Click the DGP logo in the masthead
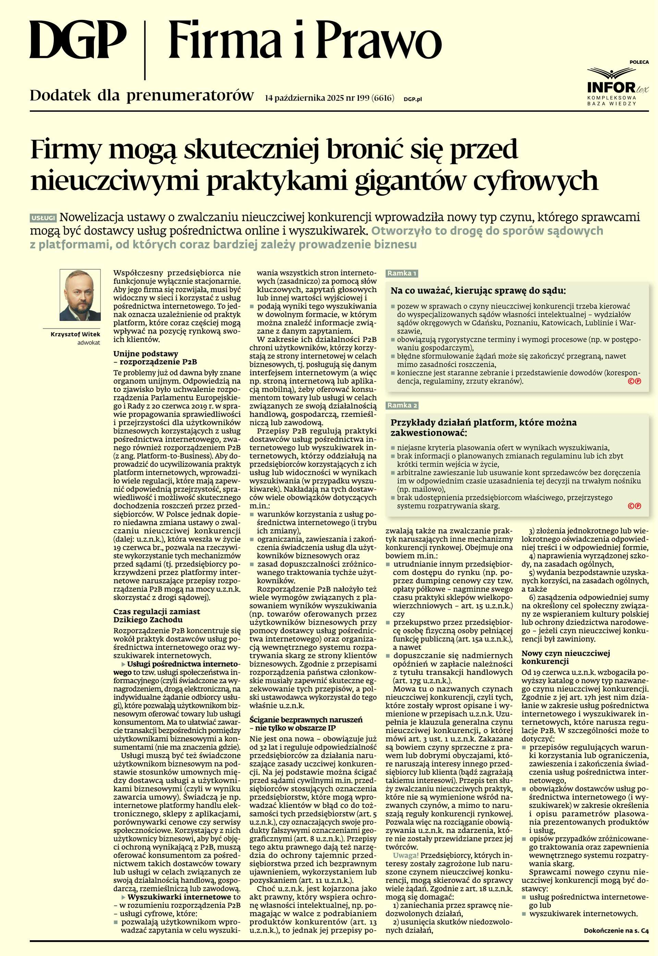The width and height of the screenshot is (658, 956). tap(77, 41)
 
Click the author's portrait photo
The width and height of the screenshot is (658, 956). tap(80, 295)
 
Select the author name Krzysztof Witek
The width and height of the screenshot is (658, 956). tap(75, 334)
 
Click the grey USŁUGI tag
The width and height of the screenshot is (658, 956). tap(43, 218)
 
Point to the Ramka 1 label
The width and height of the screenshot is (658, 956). tap(402, 273)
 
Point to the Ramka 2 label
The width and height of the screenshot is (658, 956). tap(402, 405)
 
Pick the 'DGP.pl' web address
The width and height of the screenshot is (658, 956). tap(413, 99)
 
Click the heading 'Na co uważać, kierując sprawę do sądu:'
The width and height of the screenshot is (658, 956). tap(478, 290)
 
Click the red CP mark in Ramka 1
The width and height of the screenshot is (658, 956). tap(634, 381)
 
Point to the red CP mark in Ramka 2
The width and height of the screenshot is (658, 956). tap(634, 506)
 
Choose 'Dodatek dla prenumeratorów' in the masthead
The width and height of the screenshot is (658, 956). tap(142, 96)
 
